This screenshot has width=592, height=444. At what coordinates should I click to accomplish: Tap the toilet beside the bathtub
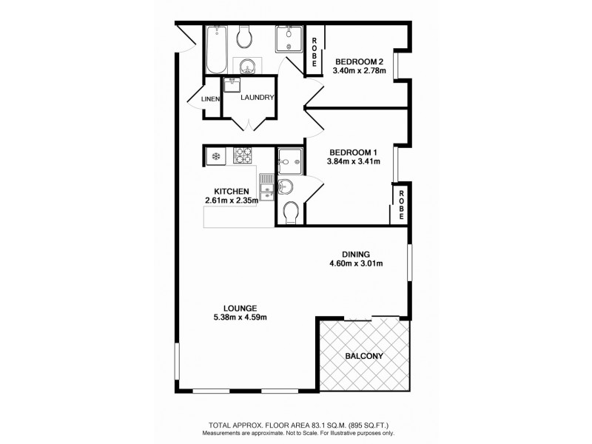[245, 36]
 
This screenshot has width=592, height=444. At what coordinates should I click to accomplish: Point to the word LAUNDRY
[258, 98]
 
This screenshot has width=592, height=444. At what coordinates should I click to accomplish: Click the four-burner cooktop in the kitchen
[243, 155]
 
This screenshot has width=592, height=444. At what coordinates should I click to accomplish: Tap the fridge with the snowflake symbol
[216, 155]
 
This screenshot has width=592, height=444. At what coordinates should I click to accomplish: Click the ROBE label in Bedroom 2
[314, 53]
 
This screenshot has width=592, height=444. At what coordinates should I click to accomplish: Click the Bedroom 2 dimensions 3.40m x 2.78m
[361, 71]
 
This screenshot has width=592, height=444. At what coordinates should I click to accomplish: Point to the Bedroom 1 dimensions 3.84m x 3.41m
[354, 161]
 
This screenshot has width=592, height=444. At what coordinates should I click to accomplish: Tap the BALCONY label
[364, 356]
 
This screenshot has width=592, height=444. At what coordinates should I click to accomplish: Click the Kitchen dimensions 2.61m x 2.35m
[232, 200]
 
